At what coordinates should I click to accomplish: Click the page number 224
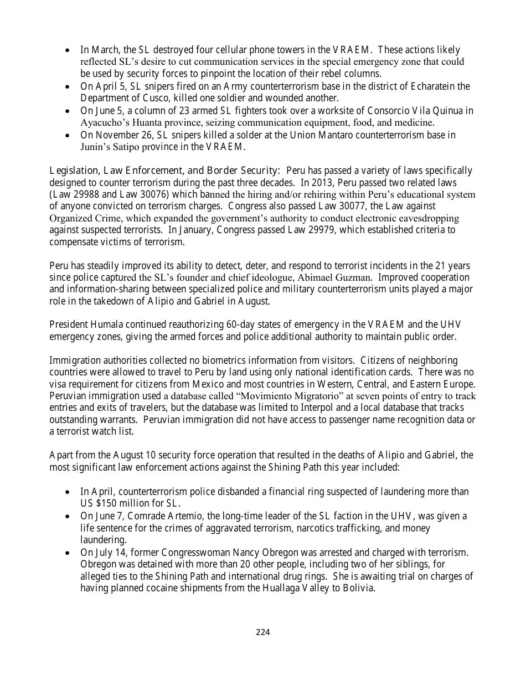coord(262,632)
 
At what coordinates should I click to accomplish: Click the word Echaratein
coord(434,86)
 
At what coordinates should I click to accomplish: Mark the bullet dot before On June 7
coord(67,516)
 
